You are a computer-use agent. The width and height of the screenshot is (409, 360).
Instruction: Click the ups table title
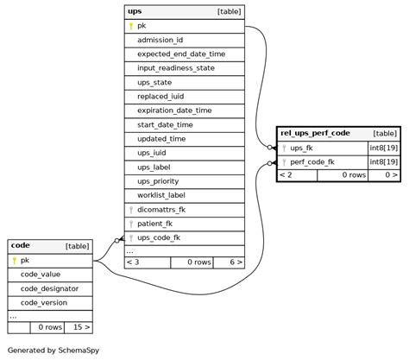(x=135, y=11)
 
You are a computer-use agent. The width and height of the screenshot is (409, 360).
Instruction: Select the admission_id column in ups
(x=160, y=40)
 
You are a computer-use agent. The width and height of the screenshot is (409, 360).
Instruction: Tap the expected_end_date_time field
(x=180, y=54)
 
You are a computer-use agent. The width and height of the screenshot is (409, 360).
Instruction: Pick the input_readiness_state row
(x=175, y=67)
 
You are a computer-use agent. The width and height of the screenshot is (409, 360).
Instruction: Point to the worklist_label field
(x=160, y=195)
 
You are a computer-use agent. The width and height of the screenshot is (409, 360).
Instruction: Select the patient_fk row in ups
(x=155, y=223)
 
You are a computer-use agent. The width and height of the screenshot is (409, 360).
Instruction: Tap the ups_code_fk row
(x=159, y=237)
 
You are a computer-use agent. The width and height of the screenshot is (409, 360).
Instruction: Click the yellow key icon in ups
(x=131, y=26)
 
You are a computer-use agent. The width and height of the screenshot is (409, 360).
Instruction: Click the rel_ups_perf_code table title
(x=315, y=133)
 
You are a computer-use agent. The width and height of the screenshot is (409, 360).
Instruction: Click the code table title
(x=20, y=246)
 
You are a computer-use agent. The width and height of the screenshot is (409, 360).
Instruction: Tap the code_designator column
(x=49, y=288)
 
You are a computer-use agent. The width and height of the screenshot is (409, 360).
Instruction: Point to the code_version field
(x=43, y=302)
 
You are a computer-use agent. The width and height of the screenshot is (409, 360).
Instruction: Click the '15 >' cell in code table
(x=79, y=327)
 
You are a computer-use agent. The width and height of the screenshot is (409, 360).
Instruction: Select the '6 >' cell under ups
(x=230, y=262)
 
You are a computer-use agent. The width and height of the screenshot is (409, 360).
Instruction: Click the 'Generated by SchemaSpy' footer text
(x=51, y=351)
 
